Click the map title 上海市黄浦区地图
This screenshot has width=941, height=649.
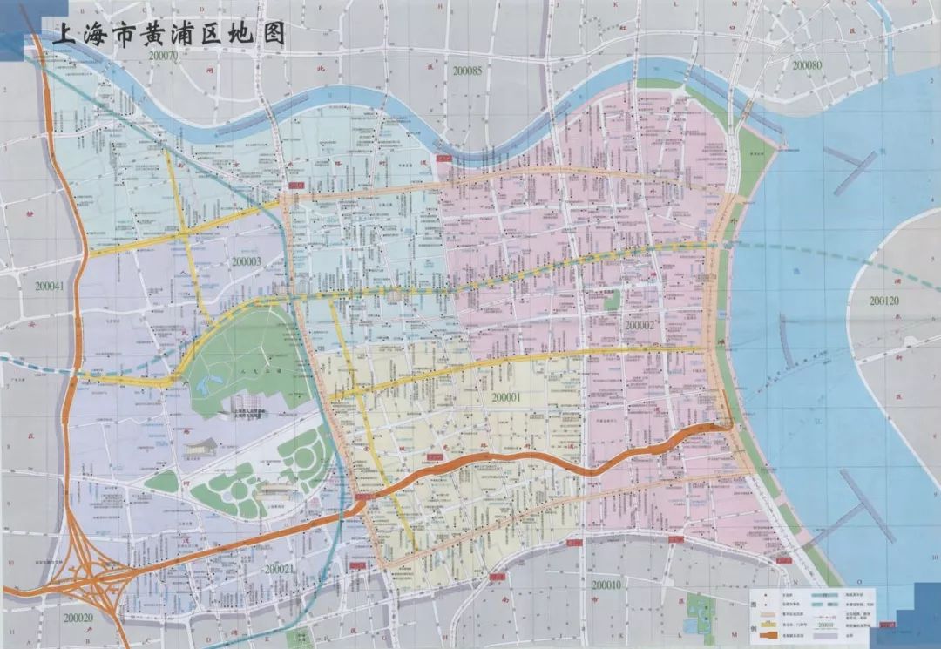pos(168,37)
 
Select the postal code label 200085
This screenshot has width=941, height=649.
pos(467,70)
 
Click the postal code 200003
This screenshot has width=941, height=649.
pos(247,260)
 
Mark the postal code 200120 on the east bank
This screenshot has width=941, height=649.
pos(889,301)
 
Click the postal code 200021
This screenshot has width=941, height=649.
pos(280,568)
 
